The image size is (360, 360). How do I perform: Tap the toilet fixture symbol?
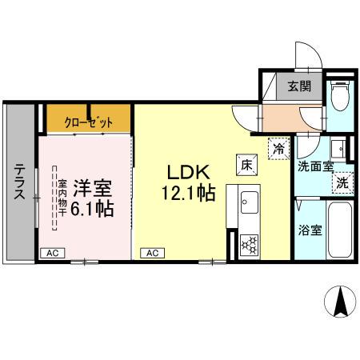click(x=338, y=98)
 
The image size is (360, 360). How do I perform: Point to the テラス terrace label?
click(x=18, y=182)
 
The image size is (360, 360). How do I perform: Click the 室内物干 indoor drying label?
click(x=61, y=198)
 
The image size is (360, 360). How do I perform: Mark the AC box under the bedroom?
click(x=52, y=252)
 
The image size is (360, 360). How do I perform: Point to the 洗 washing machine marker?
click(x=342, y=182)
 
